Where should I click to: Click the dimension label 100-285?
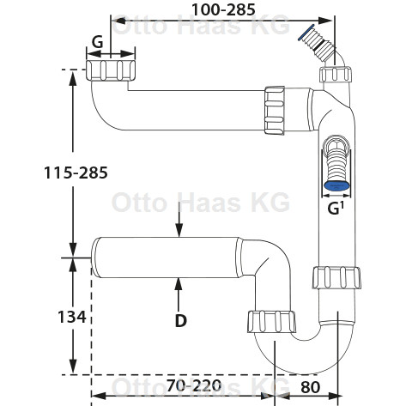[x=223, y=9]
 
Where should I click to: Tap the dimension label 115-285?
[x=76, y=173]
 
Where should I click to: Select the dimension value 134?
[x=72, y=317]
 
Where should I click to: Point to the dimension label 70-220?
[x=194, y=385]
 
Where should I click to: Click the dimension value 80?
[x=310, y=387]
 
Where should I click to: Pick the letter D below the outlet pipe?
[x=181, y=321]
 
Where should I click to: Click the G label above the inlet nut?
[x=97, y=43]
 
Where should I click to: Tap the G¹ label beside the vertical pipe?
[x=336, y=209]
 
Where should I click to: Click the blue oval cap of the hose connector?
[x=336, y=186]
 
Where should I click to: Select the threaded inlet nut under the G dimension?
[x=111, y=70]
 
